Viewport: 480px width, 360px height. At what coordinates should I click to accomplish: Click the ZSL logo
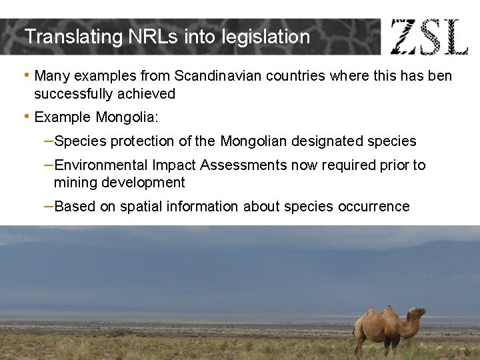pyautogui.click(x=429, y=37)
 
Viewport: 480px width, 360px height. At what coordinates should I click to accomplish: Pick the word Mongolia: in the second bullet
pyautogui.click(x=127, y=117)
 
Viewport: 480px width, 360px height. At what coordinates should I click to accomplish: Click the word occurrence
pyautogui.click(x=373, y=207)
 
